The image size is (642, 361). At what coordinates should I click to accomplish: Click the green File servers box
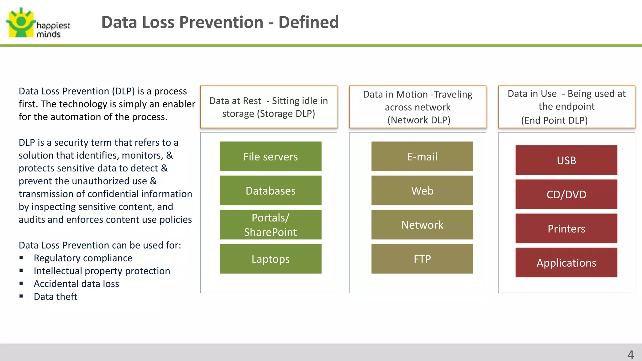point(271,156)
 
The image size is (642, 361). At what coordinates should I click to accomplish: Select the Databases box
point(271,191)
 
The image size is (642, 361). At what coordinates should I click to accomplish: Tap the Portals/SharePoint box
point(271,225)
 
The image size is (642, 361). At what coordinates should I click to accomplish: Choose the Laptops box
point(271,259)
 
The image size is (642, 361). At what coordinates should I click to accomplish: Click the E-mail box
point(422,156)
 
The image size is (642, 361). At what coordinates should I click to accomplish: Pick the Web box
point(422,191)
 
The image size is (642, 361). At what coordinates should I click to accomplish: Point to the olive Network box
point(422,225)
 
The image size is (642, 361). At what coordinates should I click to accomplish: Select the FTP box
point(422,259)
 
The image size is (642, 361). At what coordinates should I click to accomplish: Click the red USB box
point(566,160)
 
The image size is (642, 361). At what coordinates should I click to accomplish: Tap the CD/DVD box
point(566,194)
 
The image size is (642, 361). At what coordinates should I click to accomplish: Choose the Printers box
point(566,228)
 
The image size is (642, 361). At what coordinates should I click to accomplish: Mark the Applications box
point(566,263)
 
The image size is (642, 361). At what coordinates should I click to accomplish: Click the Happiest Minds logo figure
point(20,23)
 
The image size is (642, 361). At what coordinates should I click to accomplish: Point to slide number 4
point(630,355)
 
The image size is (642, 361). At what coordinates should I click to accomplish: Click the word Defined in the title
point(308,22)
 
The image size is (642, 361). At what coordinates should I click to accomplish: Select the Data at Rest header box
point(269,107)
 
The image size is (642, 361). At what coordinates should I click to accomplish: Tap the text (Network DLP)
point(419,120)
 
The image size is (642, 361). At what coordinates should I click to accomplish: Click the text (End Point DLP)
point(554,120)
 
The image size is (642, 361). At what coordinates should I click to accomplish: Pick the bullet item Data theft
point(55,296)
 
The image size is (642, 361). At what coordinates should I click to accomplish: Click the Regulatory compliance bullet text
point(83,258)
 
